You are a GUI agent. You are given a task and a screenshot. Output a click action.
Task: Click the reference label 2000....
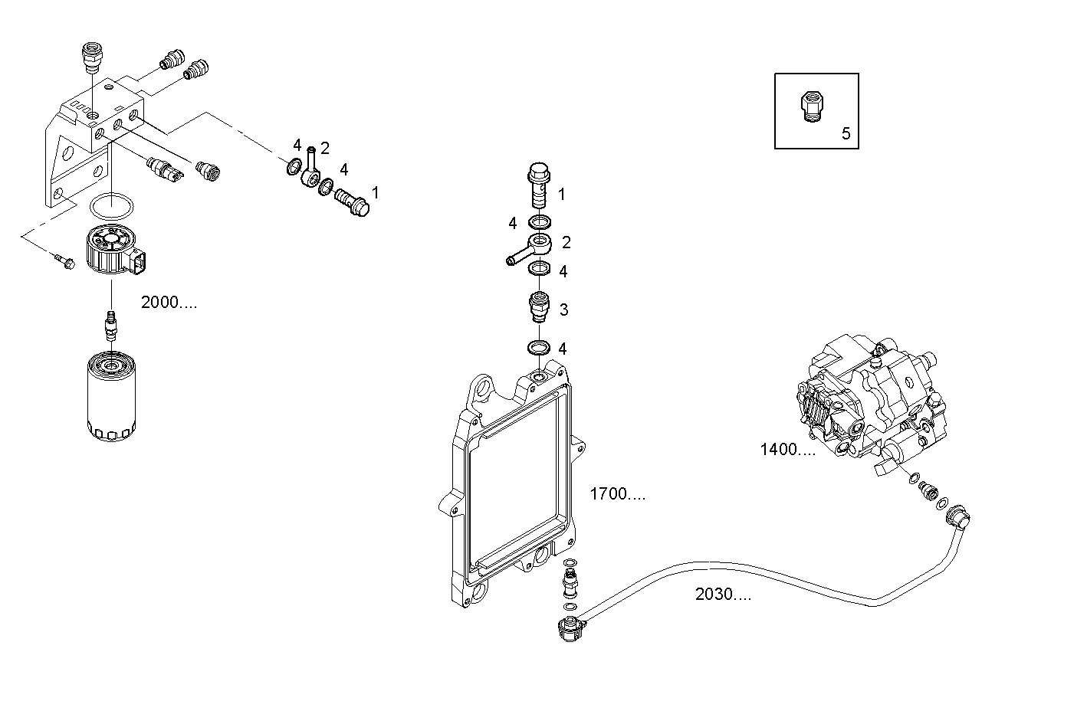click(169, 303)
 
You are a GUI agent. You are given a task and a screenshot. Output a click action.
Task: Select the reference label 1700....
click(617, 494)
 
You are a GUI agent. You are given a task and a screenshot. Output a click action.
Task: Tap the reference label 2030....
click(723, 594)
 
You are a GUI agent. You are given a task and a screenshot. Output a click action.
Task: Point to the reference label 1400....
click(787, 450)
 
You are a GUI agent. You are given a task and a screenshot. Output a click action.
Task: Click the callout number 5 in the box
click(846, 133)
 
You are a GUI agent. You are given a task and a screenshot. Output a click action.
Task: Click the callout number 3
click(563, 310)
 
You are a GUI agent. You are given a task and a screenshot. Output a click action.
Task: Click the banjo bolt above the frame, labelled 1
click(539, 185)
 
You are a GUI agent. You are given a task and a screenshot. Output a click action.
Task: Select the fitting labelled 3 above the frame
click(540, 309)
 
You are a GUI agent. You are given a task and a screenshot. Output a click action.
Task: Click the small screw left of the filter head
click(64, 260)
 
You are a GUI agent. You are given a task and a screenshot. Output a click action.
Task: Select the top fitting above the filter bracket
click(91, 58)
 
